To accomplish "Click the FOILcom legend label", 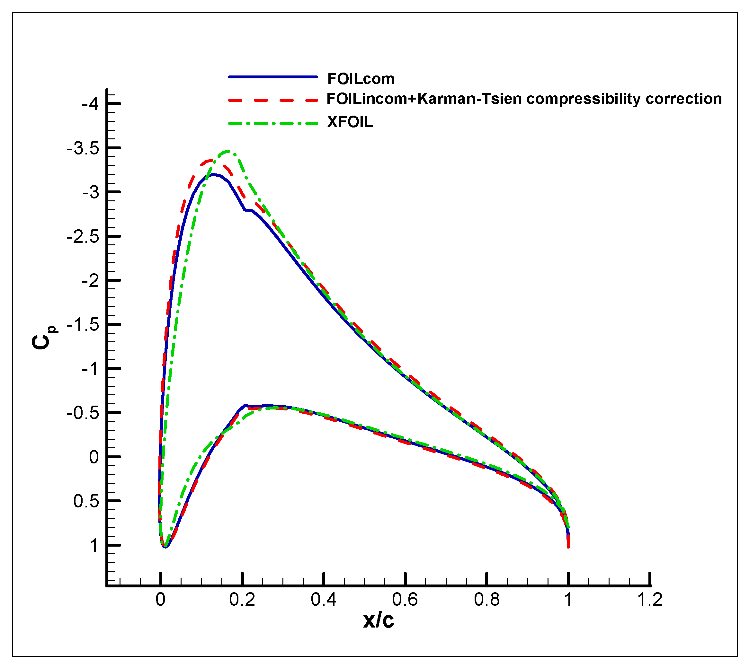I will [361, 79].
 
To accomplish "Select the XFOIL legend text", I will [350, 122].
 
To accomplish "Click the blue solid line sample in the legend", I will [272, 77].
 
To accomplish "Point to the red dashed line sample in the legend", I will [272, 100].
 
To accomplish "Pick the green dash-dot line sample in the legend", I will [272, 123].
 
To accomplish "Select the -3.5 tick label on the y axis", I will [83, 149].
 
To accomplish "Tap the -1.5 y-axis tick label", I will [83, 325].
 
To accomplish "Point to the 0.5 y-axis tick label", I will [86, 501].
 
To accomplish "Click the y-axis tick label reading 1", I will [94, 545].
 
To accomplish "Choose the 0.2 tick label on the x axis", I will [242, 600].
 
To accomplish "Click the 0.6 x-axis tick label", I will [405, 600].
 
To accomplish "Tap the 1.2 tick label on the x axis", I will [650, 600].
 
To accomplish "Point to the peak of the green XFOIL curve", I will [227, 151].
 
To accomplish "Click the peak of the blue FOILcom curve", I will [213, 174].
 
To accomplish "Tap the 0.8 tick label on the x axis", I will [486, 600].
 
